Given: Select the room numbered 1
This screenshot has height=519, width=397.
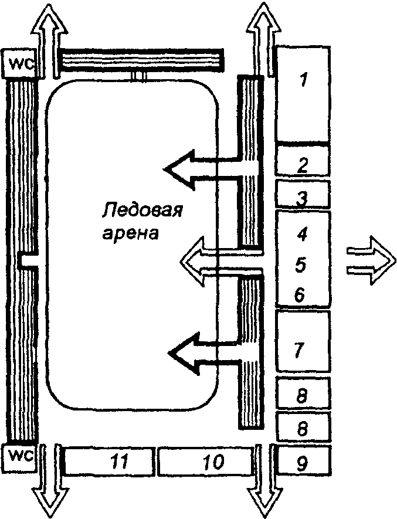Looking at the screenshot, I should tap(302, 94).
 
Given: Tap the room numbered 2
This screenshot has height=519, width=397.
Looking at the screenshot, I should tap(302, 161).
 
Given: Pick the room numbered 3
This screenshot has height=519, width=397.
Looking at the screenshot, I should tap(302, 195).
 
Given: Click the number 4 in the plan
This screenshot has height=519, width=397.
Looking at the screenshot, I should tap(303, 235).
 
